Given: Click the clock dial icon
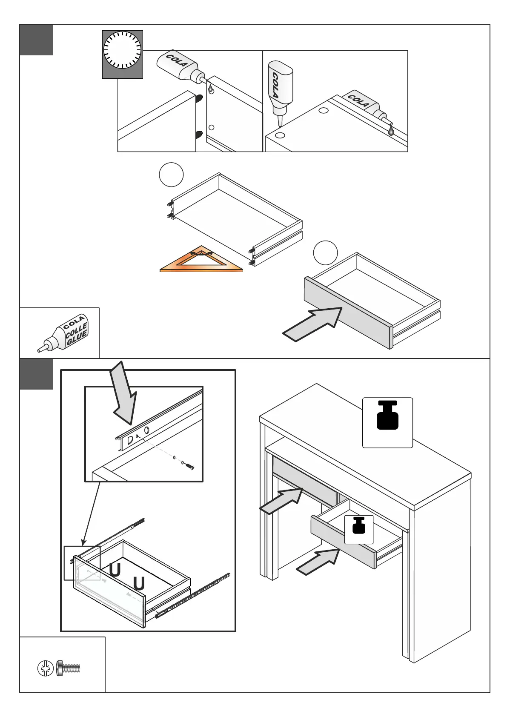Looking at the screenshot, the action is coord(122,50).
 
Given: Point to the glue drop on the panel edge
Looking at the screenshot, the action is coord(391,132).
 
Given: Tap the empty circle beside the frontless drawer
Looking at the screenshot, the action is coord(171,175).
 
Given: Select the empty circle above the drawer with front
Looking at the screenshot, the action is coord(325,252).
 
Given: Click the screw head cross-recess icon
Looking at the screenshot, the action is coord(45,668).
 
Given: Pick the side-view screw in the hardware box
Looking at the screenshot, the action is coord(68,668).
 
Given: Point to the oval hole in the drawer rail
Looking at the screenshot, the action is coord(147,430).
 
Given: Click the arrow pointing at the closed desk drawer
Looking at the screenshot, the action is coord(281,501).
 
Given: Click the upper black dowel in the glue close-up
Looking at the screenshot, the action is coord(199,98).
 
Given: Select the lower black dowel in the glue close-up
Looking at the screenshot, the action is coord(199,135).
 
